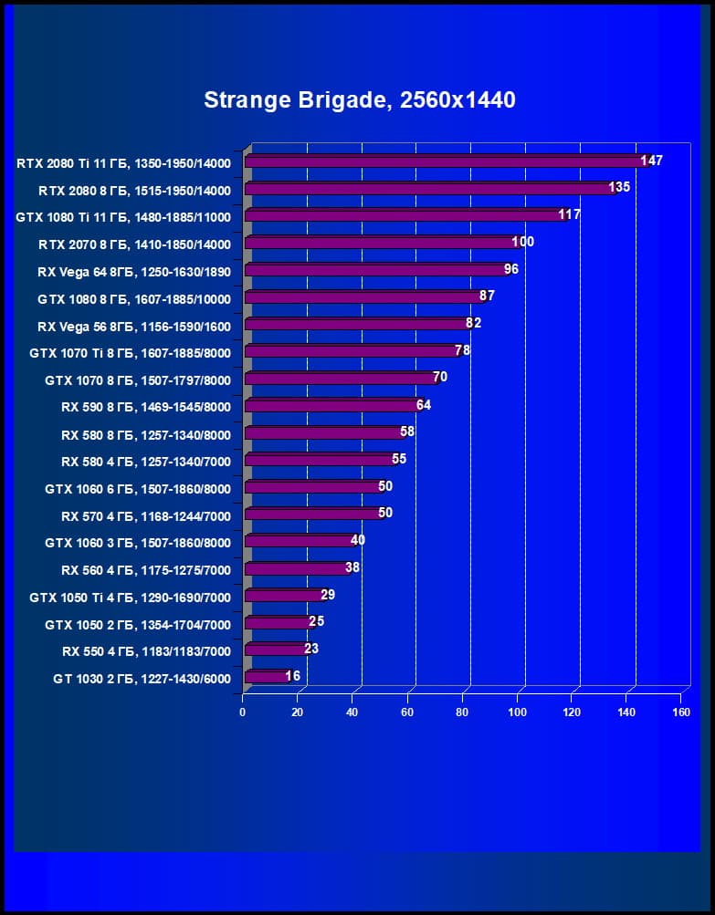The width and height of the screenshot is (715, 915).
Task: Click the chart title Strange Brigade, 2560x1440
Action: point(360,99)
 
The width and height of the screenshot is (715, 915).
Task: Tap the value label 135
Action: point(619,188)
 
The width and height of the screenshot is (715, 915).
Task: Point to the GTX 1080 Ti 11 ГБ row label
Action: point(123,217)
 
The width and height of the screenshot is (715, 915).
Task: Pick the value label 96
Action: point(511,269)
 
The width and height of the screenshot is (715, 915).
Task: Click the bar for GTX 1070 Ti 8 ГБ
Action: point(352,351)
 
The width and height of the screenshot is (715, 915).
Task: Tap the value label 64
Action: point(423,405)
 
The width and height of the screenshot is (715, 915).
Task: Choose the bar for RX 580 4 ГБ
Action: point(320,460)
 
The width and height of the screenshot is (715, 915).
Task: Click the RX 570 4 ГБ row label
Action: point(146,516)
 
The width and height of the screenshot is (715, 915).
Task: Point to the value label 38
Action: point(353,567)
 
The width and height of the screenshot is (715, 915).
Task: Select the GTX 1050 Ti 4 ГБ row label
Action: point(130,598)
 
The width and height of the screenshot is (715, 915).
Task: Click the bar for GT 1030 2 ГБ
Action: point(266,677)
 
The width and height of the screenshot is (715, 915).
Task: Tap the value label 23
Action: point(311,649)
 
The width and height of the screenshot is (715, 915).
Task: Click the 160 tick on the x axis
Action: point(680,712)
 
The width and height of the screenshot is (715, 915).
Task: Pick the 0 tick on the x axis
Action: point(243,712)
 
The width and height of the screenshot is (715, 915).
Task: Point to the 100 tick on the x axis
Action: point(518,712)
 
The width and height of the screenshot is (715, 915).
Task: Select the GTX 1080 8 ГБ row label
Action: point(133,299)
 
